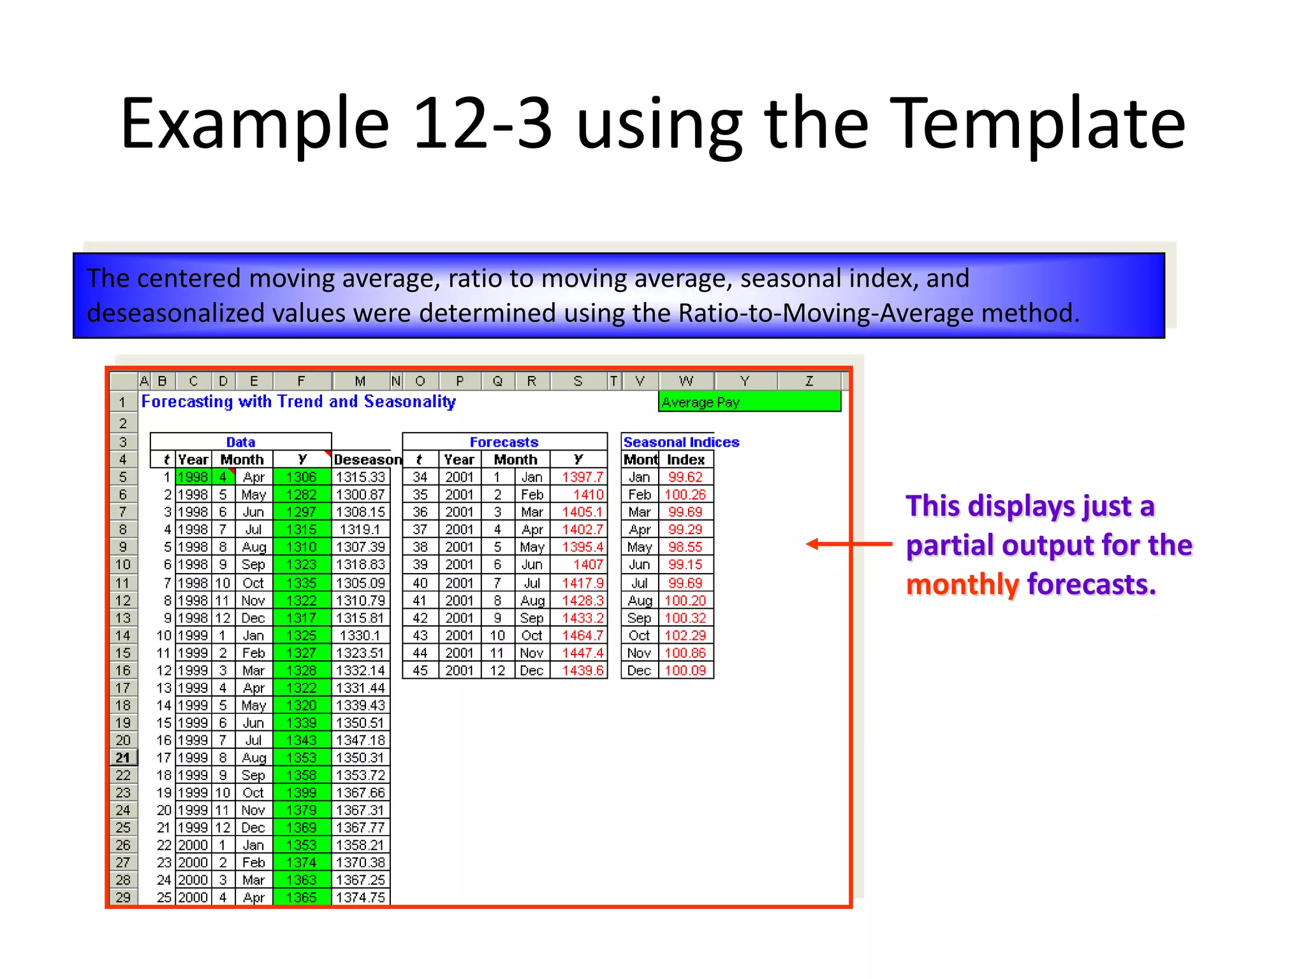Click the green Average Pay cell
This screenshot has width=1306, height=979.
click(749, 402)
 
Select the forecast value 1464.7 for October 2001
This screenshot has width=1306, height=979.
click(582, 635)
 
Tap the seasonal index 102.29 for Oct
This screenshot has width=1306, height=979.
click(685, 635)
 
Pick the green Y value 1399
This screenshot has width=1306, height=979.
click(302, 793)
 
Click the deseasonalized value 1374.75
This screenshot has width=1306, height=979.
click(360, 897)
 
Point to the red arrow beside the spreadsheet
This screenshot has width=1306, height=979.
click(848, 544)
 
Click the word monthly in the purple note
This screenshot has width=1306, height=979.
click(962, 584)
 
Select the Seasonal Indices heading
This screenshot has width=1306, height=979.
click(680, 442)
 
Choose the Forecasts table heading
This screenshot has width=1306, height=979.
click(504, 442)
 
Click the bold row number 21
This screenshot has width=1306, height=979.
click(122, 758)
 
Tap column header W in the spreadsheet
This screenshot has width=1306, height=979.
click(686, 381)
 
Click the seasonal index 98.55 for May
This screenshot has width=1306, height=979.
click(685, 547)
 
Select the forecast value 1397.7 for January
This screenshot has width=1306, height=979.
click(582, 477)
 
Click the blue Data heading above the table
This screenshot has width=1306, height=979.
click(240, 442)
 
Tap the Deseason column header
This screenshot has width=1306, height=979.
click(367, 460)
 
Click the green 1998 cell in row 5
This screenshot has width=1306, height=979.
click(193, 477)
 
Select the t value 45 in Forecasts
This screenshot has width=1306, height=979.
click(420, 671)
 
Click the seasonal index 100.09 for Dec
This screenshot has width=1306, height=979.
click(685, 671)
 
